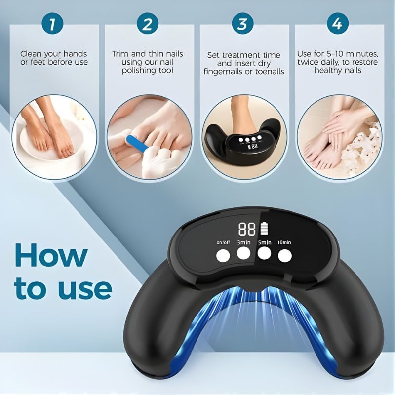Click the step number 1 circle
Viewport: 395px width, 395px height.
coord(52,23)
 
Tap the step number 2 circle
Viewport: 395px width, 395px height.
coord(147,23)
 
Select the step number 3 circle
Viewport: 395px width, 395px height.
coord(242,23)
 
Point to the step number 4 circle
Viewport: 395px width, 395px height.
coord(337,23)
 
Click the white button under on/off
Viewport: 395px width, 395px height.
coord(222,255)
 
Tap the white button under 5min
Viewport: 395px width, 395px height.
coord(265,253)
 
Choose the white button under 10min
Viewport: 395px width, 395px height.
coord(285,255)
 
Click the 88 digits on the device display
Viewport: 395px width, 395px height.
coord(246,229)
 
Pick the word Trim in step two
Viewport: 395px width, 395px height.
coord(121,53)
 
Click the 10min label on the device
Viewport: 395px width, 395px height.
coord(284,242)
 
